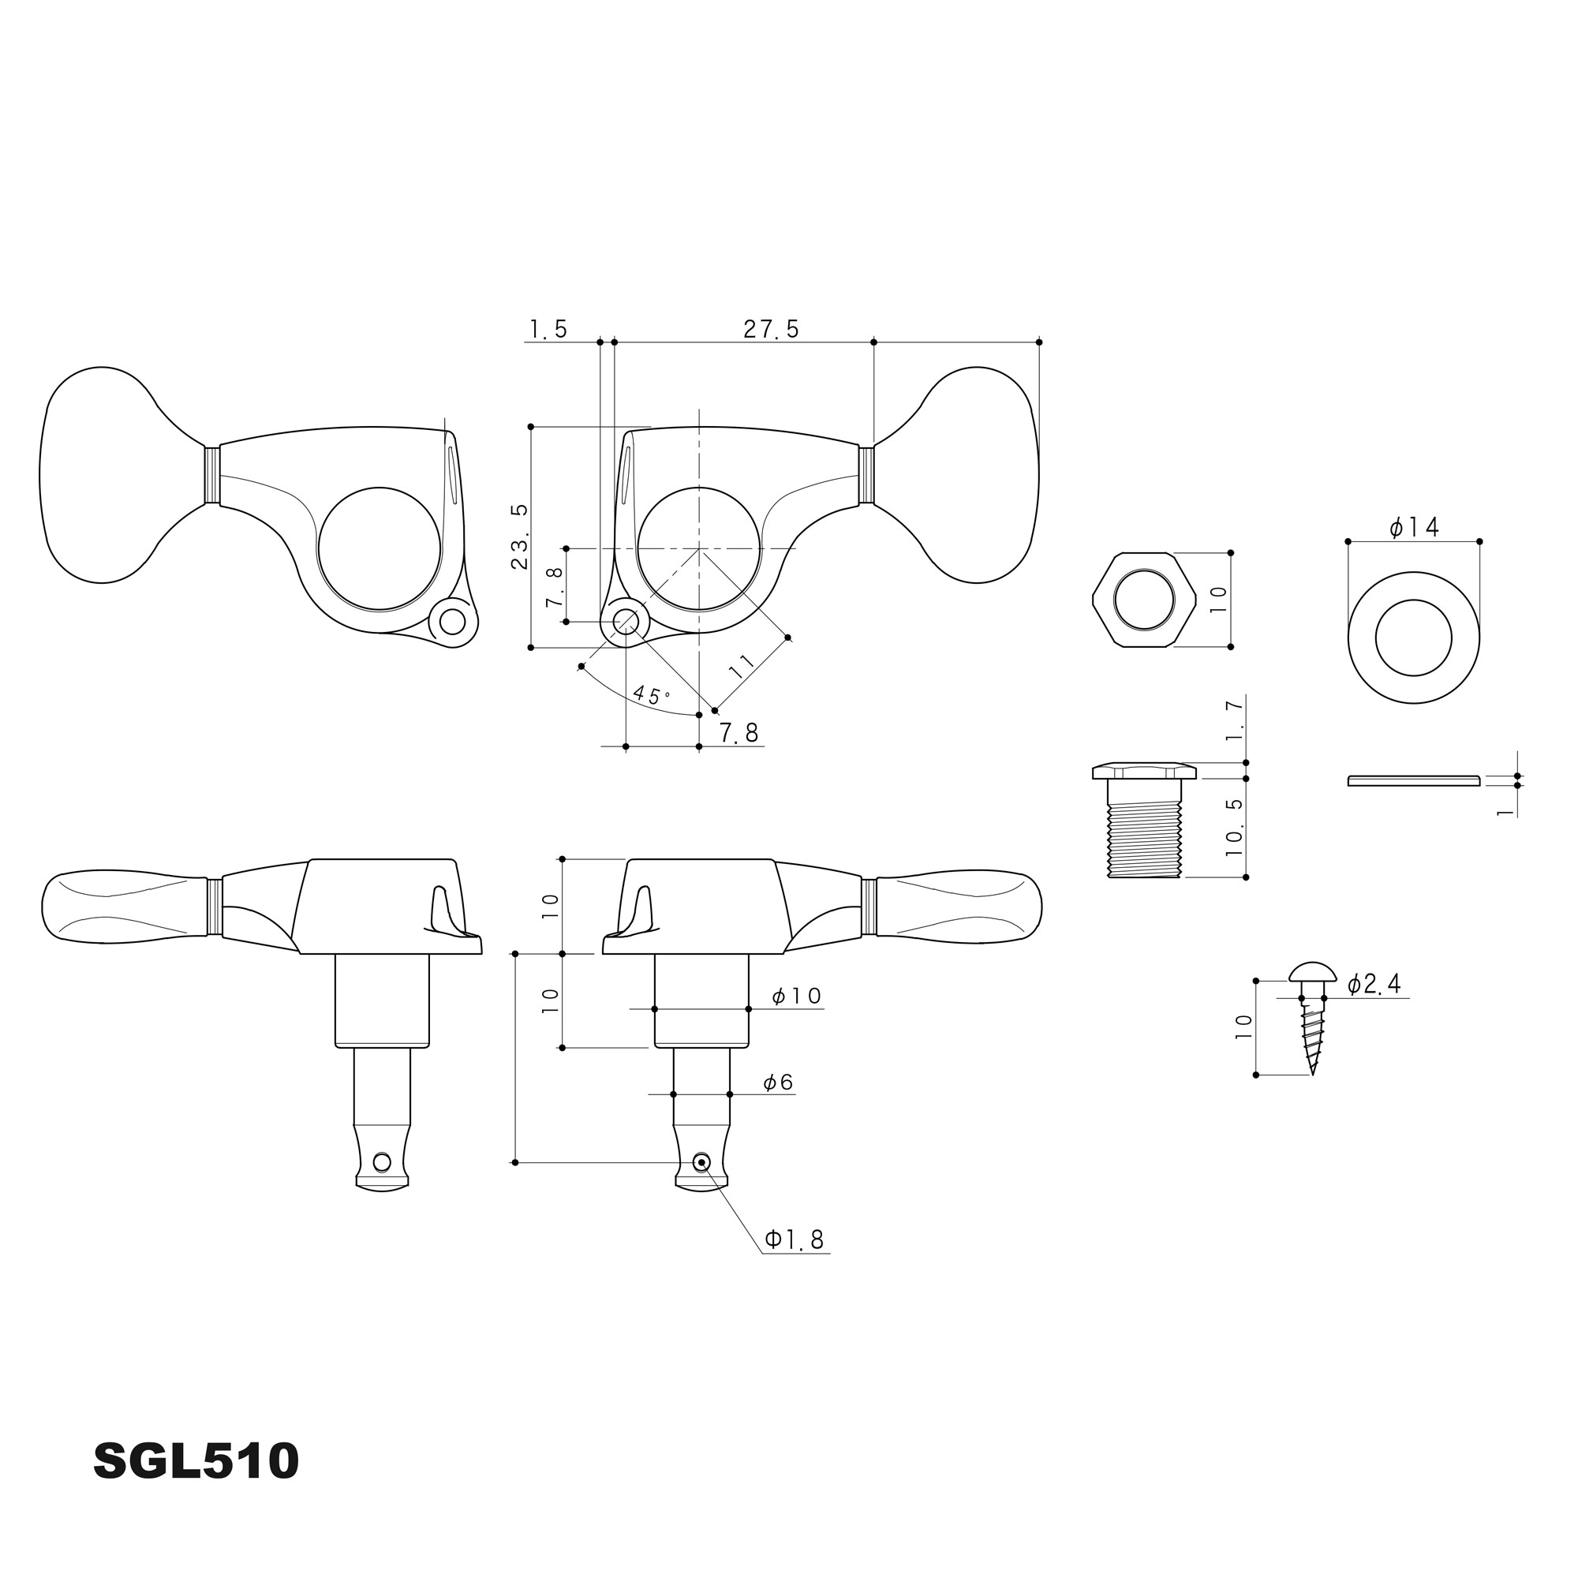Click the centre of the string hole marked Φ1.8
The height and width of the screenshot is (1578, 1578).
701,1161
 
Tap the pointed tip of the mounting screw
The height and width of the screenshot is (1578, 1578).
1313,1075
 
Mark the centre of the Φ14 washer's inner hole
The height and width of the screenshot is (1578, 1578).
1413,638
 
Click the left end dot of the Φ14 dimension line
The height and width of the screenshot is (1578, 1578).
1348,541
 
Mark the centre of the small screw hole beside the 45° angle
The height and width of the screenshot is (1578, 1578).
626,623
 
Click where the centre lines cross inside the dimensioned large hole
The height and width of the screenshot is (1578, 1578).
699,548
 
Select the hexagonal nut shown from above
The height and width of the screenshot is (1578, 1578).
1143,600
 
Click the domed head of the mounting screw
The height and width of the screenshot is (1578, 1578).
1313,972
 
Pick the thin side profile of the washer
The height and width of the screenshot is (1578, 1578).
1413,781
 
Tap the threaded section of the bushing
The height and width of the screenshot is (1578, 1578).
1143,839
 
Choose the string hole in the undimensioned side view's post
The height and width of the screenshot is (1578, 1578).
381,1161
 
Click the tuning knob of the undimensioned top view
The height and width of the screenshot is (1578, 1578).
122,474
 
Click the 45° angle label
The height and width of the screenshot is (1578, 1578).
651,696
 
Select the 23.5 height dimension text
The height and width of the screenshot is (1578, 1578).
519,537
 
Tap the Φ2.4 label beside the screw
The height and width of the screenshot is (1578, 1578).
1374,984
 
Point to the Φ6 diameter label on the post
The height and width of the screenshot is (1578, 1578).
779,1083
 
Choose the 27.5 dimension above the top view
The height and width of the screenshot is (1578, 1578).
771,329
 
